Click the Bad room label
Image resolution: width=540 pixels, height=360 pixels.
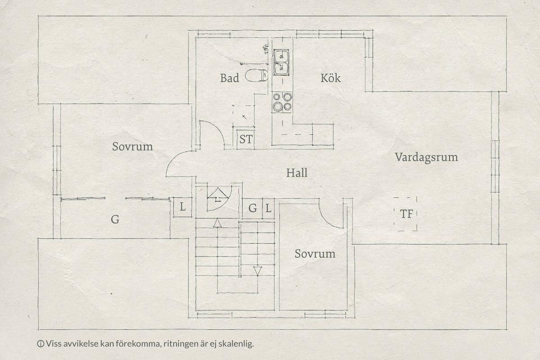pyautogui.click(x=229, y=78)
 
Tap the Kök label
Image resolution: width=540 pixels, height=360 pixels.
pyautogui.click(x=330, y=78)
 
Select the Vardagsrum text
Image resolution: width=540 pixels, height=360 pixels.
pyautogui.click(x=426, y=157)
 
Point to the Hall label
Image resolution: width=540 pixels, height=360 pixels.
pyautogui.click(x=297, y=173)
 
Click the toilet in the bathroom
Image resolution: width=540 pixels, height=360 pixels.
pyautogui.click(x=256, y=76)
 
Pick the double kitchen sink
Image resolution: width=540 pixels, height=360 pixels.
pyautogui.click(x=281, y=62)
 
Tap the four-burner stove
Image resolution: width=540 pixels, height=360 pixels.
pyautogui.click(x=282, y=102)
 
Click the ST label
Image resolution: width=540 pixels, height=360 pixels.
pyautogui.click(x=246, y=139)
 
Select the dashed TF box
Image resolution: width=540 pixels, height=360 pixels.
pyautogui.click(x=405, y=214)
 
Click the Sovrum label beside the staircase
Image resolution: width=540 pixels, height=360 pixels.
pyautogui.click(x=315, y=254)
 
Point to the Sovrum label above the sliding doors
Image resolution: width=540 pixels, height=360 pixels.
pyautogui.click(x=132, y=147)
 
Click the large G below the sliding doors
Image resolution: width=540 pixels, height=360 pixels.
pyautogui.click(x=115, y=220)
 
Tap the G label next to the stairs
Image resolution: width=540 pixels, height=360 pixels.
pyautogui.click(x=252, y=208)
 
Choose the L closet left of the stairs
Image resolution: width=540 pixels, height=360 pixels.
pyautogui.click(x=183, y=207)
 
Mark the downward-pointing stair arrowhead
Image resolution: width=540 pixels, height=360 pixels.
pyautogui.click(x=257, y=271)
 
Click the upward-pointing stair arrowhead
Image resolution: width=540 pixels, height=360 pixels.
pyautogui.click(x=217, y=223)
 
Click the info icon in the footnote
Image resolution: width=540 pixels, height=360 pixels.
pyautogui.click(x=40, y=344)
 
